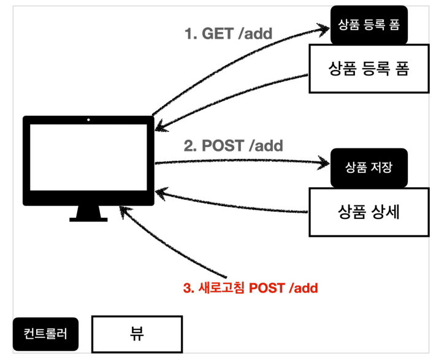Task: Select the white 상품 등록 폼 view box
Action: point(368,68)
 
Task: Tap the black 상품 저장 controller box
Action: point(368,167)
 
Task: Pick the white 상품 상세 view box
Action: point(368,212)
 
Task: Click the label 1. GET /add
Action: point(228,34)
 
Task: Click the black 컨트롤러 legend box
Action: point(45,334)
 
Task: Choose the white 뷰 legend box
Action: point(137,334)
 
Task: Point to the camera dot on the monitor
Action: point(88,120)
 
